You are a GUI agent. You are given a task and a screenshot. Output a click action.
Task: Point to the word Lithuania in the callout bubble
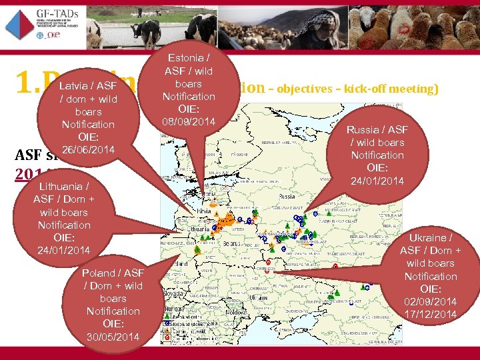[59, 187]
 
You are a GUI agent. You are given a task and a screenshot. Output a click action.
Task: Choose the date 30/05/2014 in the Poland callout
[113, 337]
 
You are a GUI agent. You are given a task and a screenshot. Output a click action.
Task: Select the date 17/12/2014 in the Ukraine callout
[431, 314]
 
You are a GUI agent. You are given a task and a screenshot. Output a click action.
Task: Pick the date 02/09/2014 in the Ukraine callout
[431, 301]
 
